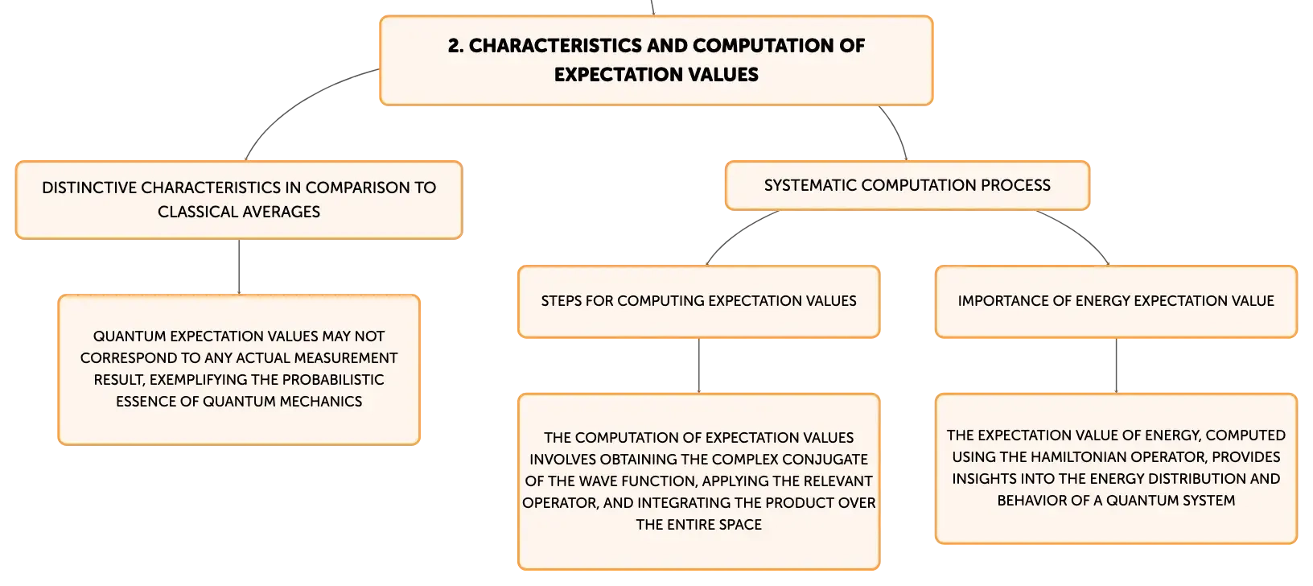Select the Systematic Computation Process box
click(908, 185)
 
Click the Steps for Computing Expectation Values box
click(698, 302)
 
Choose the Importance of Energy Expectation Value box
click(1116, 302)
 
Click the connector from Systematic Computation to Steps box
click(735, 233)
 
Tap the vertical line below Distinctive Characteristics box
click(239, 267)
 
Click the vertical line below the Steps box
click(698, 365)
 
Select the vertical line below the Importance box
click(1116, 365)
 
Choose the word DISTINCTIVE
click(88, 188)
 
